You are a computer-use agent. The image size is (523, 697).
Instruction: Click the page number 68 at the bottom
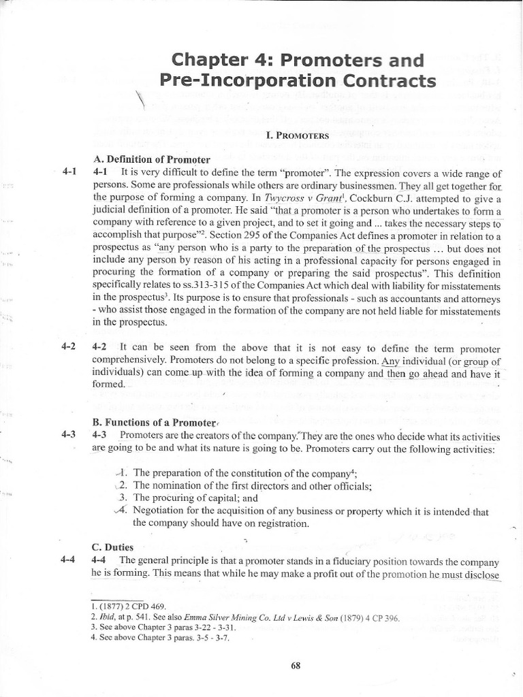point(296,666)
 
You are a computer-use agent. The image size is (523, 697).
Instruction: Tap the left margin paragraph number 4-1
point(68,172)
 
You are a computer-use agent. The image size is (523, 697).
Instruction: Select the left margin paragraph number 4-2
point(68,346)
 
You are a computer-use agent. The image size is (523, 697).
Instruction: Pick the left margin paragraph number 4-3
point(68,434)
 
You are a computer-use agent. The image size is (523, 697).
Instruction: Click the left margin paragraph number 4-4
point(68,560)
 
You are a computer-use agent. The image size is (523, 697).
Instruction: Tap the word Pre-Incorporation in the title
point(236,81)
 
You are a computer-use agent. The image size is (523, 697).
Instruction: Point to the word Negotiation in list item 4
point(159,510)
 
